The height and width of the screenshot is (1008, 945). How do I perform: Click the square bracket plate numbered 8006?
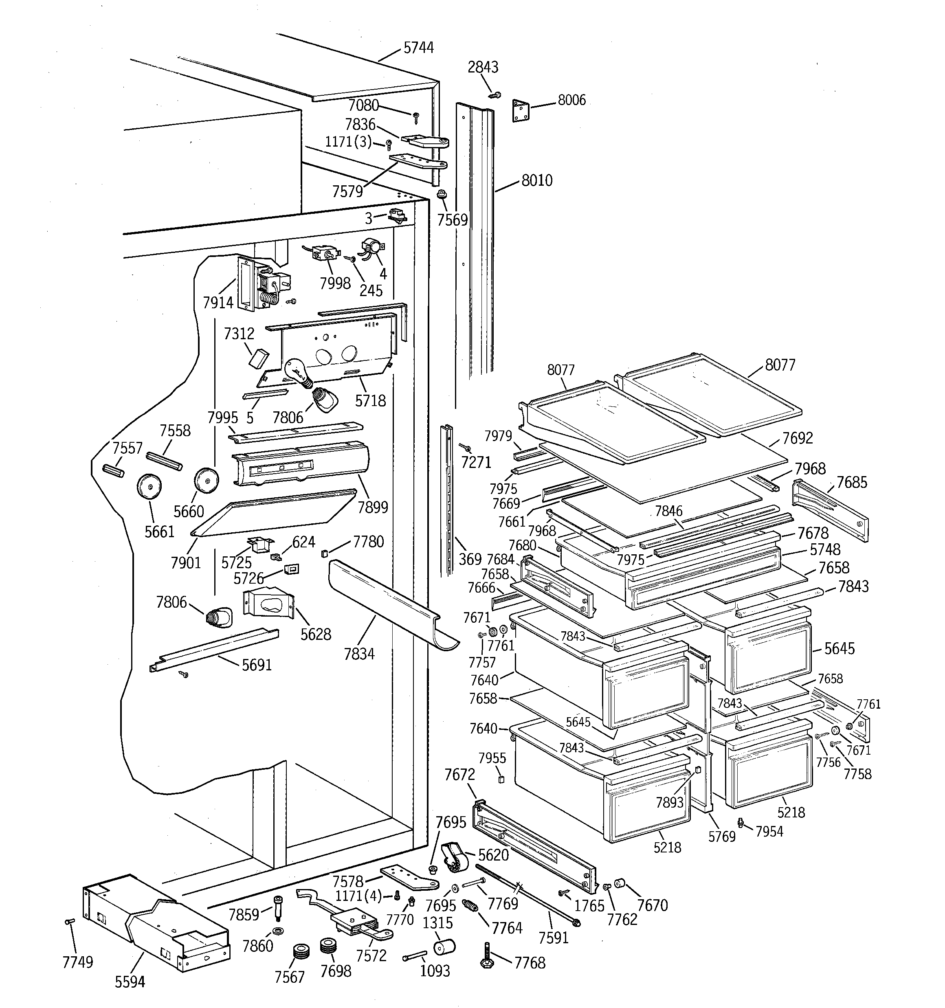(x=521, y=110)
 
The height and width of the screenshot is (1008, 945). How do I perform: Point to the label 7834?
(x=359, y=654)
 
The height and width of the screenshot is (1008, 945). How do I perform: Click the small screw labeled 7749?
(x=70, y=921)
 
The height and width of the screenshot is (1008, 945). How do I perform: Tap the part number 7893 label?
(x=670, y=802)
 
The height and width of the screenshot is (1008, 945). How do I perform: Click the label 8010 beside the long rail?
(x=537, y=180)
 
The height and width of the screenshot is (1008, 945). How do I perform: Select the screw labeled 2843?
(x=495, y=95)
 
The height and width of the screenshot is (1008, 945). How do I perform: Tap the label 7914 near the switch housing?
(x=218, y=303)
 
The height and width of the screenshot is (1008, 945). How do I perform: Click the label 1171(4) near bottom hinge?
(x=358, y=896)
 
